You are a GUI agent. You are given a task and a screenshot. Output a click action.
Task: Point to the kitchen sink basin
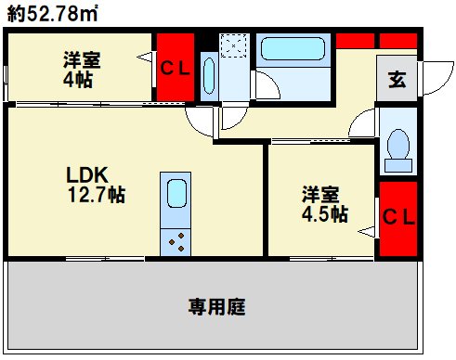point(176,194)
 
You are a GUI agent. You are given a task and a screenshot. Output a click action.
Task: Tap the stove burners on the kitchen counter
point(176,240)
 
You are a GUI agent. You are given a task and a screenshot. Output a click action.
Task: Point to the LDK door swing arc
point(200,118)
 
